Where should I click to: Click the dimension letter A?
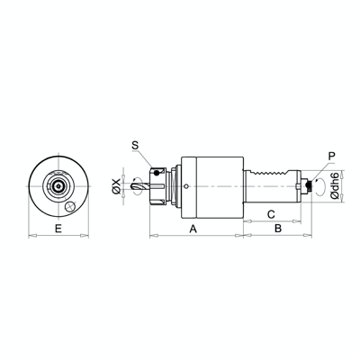194,229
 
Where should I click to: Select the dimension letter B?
277,229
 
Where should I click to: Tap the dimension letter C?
271,213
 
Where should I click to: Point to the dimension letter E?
58,229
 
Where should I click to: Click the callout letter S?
135,145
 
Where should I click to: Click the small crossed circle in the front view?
70,205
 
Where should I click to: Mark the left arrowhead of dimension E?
31,237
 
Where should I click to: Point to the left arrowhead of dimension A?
149,237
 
